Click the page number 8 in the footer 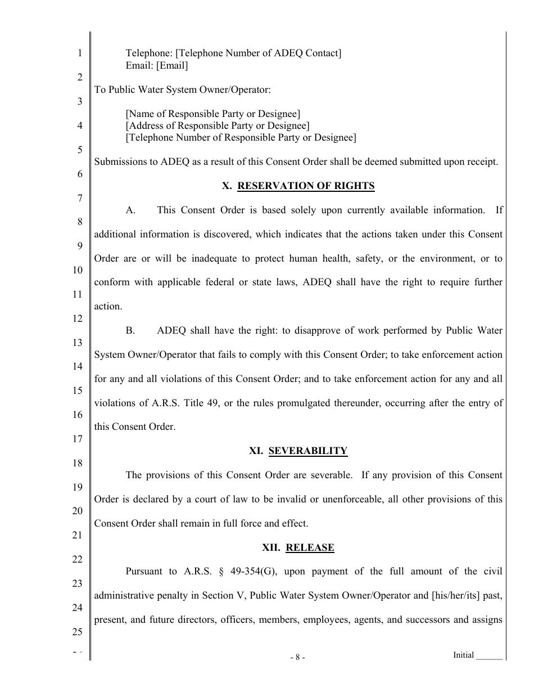(x=297, y=657)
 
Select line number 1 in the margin (x=79, y=53)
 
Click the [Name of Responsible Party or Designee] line (x=213, y=114)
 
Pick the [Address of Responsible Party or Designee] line (x=218, y=125)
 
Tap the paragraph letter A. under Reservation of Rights (x=130, y=210)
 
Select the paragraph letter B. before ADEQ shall (x=130, y=331)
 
